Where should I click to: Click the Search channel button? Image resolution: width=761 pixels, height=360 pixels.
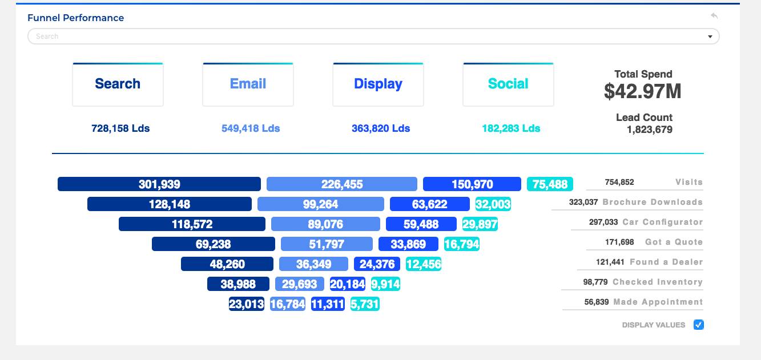[x=118, y=84]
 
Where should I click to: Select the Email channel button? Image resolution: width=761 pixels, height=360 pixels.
[x=248, y=84]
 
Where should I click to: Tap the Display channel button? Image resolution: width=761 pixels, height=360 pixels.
[x=378, y=84]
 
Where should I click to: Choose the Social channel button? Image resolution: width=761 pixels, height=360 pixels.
[x=508, y=84]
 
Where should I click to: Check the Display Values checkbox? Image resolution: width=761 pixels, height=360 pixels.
[x=699, y=325]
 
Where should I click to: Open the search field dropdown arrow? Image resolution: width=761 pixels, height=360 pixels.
[x=710, y=37]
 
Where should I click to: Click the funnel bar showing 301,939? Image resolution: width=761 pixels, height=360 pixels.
[x=159, y=184]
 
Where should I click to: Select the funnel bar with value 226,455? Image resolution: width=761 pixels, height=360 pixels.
[x=342, y=184]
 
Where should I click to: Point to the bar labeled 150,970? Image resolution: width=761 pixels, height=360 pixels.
[x=472, y=184]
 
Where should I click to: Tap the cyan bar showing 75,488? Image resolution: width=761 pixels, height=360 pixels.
[x=550, y=184]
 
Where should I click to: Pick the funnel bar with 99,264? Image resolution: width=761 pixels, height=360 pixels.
[x=320, y=204]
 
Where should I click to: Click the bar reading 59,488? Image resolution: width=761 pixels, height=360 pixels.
[x=421, y=224]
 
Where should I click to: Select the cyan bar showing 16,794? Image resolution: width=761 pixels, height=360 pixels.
[x=462, y=244]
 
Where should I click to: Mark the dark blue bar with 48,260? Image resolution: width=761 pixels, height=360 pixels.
[x=227, y=264]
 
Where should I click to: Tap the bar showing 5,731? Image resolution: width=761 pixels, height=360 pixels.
[x=365, y=304]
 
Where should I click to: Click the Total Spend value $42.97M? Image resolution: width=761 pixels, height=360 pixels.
[x=643, y=91]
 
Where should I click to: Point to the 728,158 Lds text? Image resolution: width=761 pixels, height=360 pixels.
[x=120, y=128]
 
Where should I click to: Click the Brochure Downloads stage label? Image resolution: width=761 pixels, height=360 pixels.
[x=653, y=202]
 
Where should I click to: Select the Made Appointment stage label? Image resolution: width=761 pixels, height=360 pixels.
[x=658, y=302]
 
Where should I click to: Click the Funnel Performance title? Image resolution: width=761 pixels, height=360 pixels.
[x=76, y=18]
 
